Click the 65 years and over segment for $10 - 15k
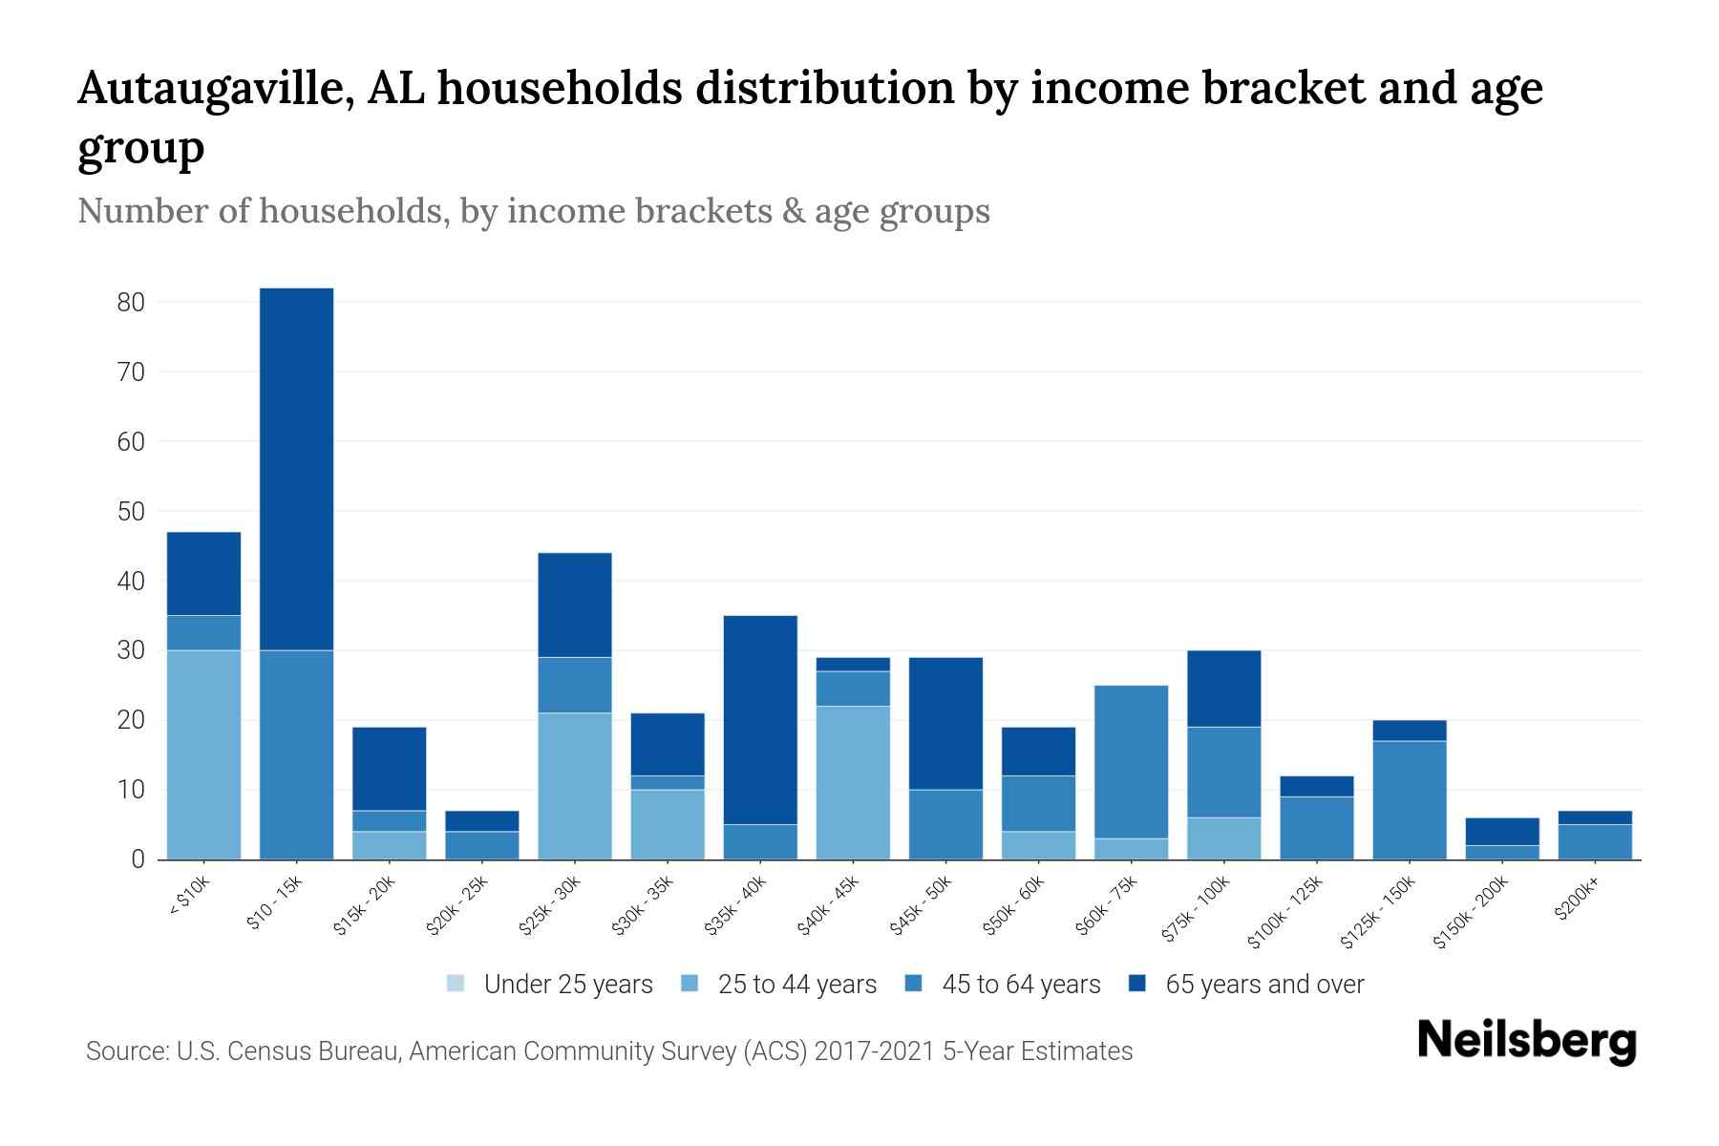[296, 469]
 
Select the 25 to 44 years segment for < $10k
[203, 754]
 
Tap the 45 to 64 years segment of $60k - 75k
[1131, 762]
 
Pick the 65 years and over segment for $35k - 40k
[760, 720]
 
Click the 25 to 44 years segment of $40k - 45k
[853, 782]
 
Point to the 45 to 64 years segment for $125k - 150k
[1409, 800]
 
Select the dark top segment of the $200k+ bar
[1595, 817]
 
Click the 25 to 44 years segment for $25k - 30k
[575, 786]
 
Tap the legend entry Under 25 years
[550, 985]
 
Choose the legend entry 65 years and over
[1247, 985]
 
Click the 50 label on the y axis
[131, 512]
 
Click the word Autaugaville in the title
[212, 89]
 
